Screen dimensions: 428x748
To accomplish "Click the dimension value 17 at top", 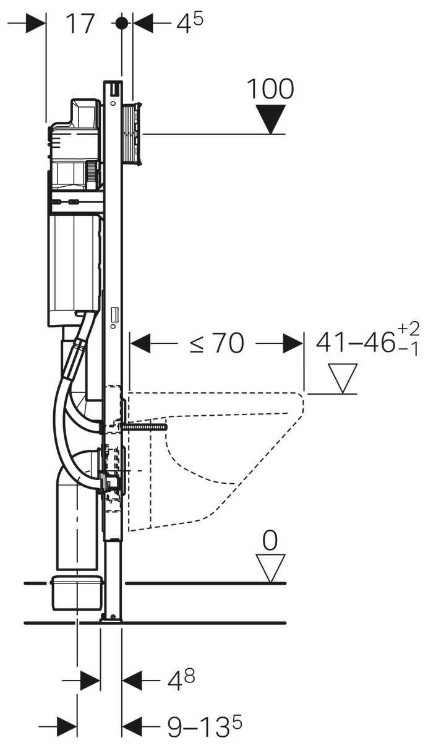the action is [x=80, y=24].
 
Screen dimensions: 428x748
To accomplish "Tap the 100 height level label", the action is [x=270, y=89].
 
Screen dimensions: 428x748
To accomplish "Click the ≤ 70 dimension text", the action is [x=216, y=343].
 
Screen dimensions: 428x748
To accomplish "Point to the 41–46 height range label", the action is [x=355, y=343].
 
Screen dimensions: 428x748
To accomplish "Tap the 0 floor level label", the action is [x=270, y=541].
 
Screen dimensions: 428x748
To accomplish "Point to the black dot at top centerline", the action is [x=121, y=23].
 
